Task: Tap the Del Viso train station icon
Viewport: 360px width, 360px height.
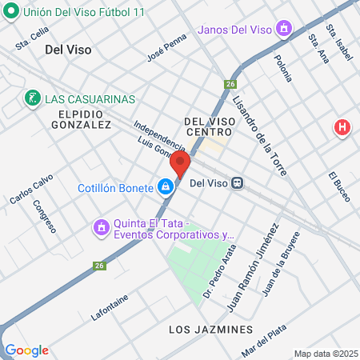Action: [x=238, y=183]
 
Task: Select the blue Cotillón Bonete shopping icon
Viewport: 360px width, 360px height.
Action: [x=165, y=187]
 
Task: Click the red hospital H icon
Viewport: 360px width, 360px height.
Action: [x=342, y=127]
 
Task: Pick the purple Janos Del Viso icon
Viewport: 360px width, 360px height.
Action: [x=282, y=30]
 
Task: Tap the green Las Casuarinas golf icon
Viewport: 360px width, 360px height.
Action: [x=32, y=98]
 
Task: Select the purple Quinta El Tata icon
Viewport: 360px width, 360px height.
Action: [x=101, y=228]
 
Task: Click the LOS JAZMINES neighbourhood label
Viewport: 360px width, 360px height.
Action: [x=211, y=330]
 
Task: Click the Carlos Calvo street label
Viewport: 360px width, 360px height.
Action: [x=31, y=190]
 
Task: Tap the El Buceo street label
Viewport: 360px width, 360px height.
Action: [x=339, y=186]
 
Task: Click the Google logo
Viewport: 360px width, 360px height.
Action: [x=26, y=350]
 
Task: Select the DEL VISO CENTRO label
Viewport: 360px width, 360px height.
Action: [x=209, y=126]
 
